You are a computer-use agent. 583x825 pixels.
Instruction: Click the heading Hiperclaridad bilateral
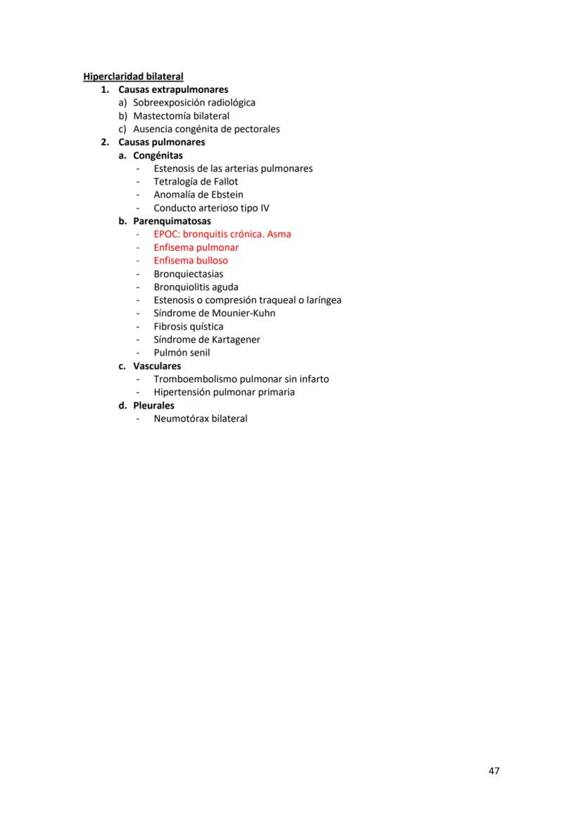[x=133, y=76]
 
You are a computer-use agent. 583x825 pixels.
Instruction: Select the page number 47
[x=494, y=771]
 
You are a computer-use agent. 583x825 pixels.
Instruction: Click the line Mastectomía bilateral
[x=181, y=116]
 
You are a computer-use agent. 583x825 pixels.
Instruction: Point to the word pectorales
[x=256, y=129]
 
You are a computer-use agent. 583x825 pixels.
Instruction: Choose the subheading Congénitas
[x=158, y=155]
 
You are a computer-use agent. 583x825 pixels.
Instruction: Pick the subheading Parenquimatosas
[x=172, y=221]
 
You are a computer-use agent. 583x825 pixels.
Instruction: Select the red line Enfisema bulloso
[x=191, y=261]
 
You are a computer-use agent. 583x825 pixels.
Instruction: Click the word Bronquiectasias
[x=189, y=274]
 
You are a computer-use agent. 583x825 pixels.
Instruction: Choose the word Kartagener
[x=233, y=340]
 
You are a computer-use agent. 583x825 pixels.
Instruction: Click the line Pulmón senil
[x=182, y=353]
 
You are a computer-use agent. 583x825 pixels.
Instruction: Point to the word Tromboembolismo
[x=195, y=379]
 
